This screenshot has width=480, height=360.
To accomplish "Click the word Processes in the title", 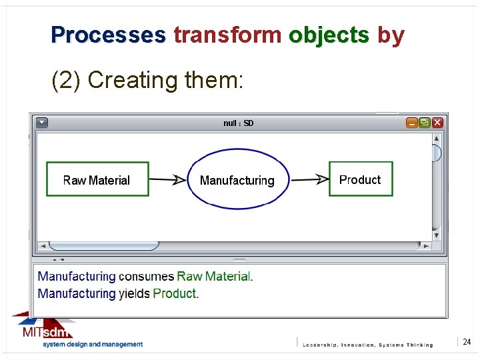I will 108,35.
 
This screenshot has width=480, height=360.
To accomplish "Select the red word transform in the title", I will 227,35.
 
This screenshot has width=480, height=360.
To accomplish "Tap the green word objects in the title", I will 329,35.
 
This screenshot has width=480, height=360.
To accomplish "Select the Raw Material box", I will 97,179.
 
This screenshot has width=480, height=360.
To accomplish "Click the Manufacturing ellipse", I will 238,179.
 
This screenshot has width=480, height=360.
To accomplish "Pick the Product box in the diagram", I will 361,179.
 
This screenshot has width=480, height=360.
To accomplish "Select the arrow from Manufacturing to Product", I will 310,179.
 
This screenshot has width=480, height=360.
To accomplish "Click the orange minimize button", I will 412,123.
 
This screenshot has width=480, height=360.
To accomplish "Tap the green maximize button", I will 425,123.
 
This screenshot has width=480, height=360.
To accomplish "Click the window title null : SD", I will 238,123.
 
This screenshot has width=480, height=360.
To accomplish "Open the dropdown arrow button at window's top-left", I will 42,123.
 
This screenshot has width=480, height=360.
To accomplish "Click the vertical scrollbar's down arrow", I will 437,235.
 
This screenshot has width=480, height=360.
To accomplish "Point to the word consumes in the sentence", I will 147,277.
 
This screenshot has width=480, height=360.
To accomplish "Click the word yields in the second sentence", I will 134,293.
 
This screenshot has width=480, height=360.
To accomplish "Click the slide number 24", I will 467,342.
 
